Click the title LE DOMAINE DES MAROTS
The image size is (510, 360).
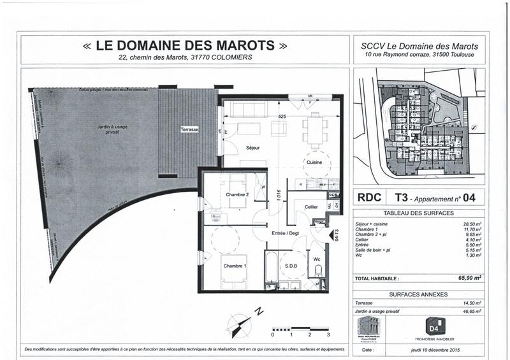click(x=185, y=46)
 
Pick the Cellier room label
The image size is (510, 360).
click(x=310, y=207)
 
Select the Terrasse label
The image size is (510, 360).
click(x=189, y=129)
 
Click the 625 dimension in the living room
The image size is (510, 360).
click(x=282, y=116)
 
